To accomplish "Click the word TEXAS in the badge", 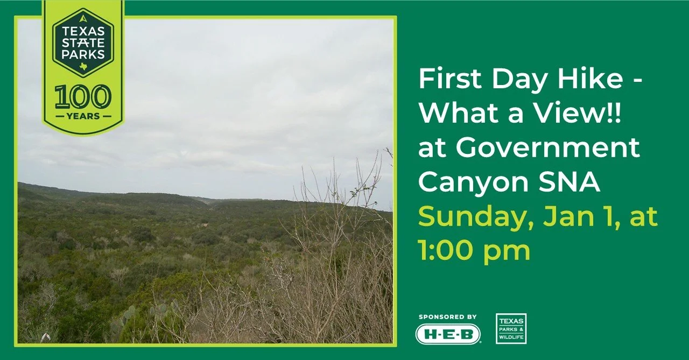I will click(x=83, y=31).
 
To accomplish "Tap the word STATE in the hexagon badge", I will click(x=83, y=43).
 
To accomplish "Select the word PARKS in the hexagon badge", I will click(x=83, y=54).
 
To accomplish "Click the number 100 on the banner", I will click(x=83, y=97).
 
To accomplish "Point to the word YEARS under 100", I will click(x=83, y=116).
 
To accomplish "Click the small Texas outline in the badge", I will click(x=82, y=66).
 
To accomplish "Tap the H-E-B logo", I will click(x=448, y=334).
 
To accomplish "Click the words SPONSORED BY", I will click(x=448, y=317).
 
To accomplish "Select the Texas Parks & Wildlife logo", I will click(x=511, y=328).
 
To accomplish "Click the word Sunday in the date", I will click(x=473, y=217).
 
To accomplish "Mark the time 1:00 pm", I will click(x=474, y=250).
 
